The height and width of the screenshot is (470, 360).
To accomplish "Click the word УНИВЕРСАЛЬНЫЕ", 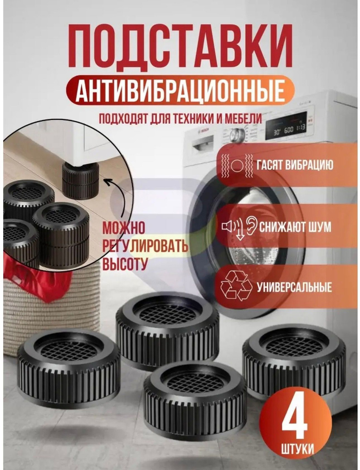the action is pos(294,288).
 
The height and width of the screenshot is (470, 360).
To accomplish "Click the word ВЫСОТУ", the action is pos(125,264).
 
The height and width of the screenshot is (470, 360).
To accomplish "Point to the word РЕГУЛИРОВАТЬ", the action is pos(145,246).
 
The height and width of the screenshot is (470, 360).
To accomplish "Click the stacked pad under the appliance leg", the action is pos(80,180).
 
